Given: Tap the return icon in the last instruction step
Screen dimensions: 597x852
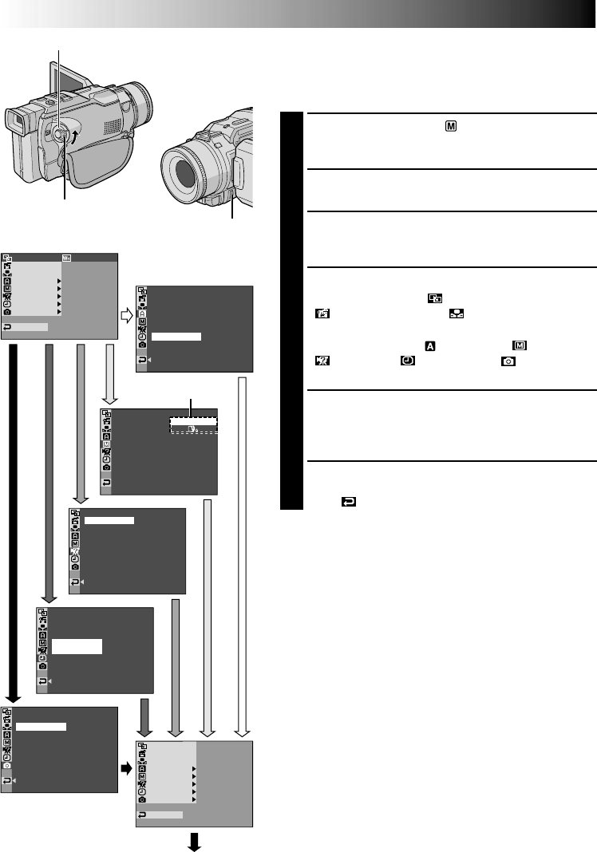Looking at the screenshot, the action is click(x=349, y=503).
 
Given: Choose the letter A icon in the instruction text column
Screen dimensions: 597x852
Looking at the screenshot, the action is click(x=429, y=345).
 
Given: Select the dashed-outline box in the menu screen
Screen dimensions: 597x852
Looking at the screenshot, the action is click(x=193, y=424).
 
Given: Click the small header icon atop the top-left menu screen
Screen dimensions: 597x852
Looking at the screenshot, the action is click(x=66, y=258).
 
